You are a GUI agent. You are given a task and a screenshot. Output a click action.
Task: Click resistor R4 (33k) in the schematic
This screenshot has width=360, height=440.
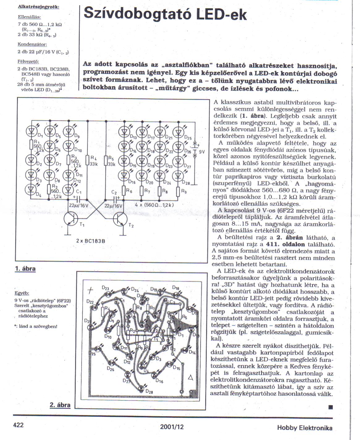click(87, 160)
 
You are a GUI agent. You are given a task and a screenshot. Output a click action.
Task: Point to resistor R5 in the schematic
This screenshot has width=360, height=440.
click(106, 160)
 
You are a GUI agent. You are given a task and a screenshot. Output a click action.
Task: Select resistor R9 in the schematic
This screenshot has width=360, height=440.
click(178, 192)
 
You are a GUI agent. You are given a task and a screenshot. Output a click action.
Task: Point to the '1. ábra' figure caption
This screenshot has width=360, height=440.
click(25, 269)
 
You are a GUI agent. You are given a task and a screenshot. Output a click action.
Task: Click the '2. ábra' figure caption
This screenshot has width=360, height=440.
click(60, 405)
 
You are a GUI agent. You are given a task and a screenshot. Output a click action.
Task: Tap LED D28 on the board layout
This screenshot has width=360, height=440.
click(142, 388)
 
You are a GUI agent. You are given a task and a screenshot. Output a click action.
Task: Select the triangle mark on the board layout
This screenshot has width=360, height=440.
click(191, 377)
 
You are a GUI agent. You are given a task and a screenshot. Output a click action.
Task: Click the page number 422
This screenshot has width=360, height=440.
click(19, 425)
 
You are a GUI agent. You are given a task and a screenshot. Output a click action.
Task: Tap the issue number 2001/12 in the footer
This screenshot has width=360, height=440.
click(172, 427)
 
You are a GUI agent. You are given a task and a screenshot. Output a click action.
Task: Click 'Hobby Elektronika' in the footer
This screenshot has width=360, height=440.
click(304, 428)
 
